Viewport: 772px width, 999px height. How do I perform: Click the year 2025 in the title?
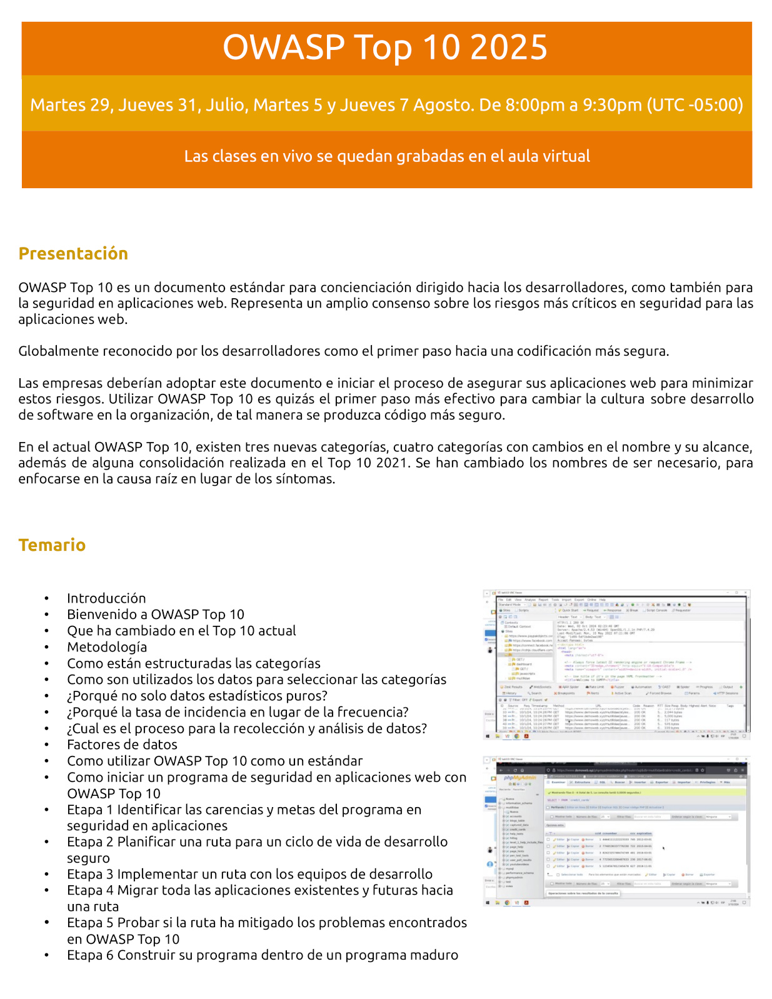(x=509, y=48)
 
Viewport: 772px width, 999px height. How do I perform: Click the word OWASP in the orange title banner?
(x=283, y=48)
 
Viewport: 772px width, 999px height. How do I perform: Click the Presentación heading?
(x=73, y=253)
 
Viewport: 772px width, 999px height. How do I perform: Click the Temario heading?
(x=52, y=545)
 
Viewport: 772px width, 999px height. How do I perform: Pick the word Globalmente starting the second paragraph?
(x=56, y=351)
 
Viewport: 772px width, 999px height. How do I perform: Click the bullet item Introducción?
(x=106, y=598)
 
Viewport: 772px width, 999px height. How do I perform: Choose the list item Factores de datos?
(x=122, y=745)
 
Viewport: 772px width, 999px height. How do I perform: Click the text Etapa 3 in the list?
(x=90, y=874)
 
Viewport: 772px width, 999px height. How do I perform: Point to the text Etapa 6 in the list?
(x=90, y=955)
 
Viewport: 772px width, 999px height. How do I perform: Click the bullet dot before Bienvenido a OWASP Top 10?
(x=47, y=615)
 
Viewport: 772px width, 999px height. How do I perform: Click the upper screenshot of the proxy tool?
(x=616, y=665)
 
